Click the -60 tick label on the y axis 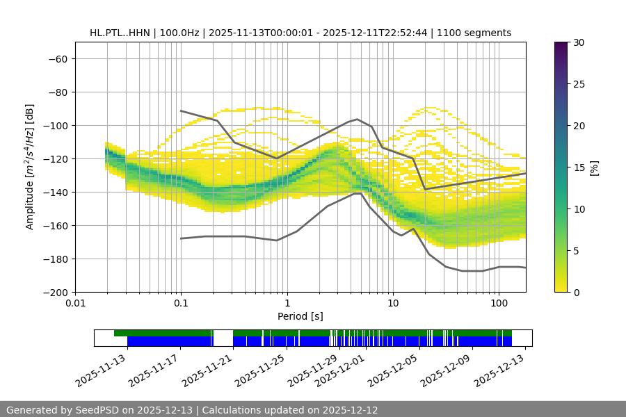click(57, 58)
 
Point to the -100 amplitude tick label click(54, 125)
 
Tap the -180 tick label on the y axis click(54, 259)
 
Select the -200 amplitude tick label click(54, 292)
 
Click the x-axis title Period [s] click(300, 316)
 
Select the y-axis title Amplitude click(30, 167)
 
